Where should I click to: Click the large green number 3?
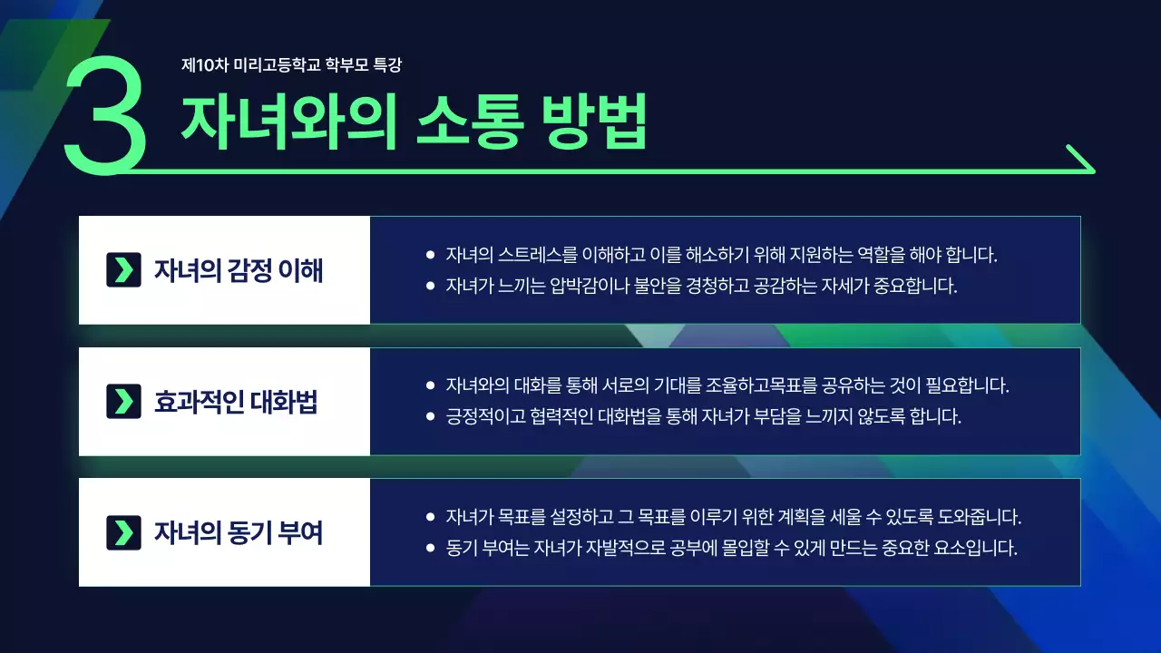[104, 115]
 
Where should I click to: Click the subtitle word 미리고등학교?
[276, 65]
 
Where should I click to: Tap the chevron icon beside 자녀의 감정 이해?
[123, 270]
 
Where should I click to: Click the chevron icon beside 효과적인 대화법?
[123, 402]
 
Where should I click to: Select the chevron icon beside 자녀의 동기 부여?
[123, 532]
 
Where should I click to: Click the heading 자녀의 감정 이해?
[239, 270]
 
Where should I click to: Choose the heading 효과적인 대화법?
[236, 402]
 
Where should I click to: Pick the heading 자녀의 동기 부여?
[239, 532]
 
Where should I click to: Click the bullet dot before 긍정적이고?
[430, 417]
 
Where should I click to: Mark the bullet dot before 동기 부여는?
[430, 549]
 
